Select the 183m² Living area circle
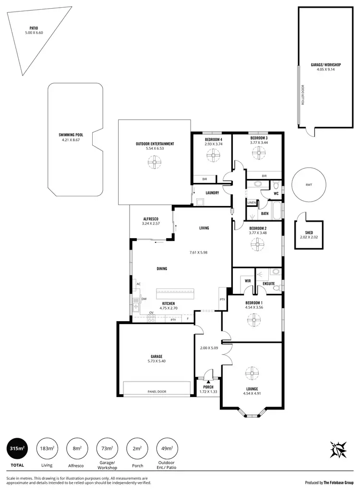click(x=46, y=449)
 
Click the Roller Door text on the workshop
click(x=303, y=95)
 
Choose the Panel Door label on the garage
click(x=156, y=392)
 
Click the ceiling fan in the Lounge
click(x=252, y=373)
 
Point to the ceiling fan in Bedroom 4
click(x=212, y=156)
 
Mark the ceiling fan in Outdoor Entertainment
click(x=155, y=164)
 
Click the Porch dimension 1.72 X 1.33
click(x=208, y=392)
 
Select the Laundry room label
click(x=212, y=193)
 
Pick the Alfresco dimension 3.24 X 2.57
click(x=150, y=224)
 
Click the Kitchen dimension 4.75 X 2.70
click(x=168, y=309)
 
